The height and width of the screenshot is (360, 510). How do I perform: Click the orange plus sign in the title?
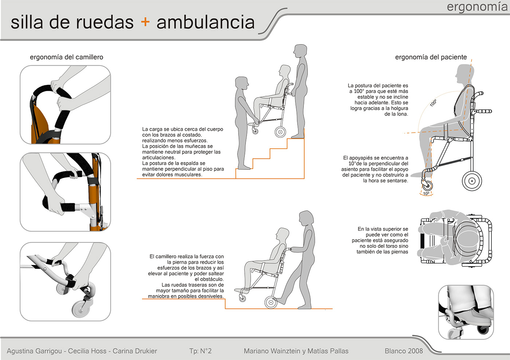coord(145,22)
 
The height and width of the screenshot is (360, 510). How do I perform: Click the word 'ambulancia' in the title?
coord(205,22)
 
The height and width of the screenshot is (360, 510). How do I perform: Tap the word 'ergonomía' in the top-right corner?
coord(477,7)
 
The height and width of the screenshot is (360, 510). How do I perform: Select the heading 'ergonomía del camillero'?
coord(66,57)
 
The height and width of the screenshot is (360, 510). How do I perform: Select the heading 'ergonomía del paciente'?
coord(431,57)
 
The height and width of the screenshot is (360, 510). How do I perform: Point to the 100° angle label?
coord(433,103)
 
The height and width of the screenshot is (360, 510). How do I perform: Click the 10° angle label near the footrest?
coord(426,193)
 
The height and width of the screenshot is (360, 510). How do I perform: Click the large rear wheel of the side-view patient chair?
coord(472,181)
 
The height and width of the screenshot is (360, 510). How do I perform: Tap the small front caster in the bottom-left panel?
coord(81,309)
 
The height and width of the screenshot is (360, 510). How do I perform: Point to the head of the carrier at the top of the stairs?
coord(301,51)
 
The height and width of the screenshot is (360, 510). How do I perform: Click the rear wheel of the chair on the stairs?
coord(280,132)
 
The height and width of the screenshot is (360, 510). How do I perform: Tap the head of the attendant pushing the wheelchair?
coord(306,219)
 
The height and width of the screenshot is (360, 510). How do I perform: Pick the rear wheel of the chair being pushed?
coord(271,302)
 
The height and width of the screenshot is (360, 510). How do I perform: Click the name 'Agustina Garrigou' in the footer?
coord(34,351)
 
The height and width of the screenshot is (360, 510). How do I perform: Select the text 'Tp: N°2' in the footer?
coord(200,351)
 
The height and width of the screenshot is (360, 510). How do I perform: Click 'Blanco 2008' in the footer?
coord(404,351)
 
